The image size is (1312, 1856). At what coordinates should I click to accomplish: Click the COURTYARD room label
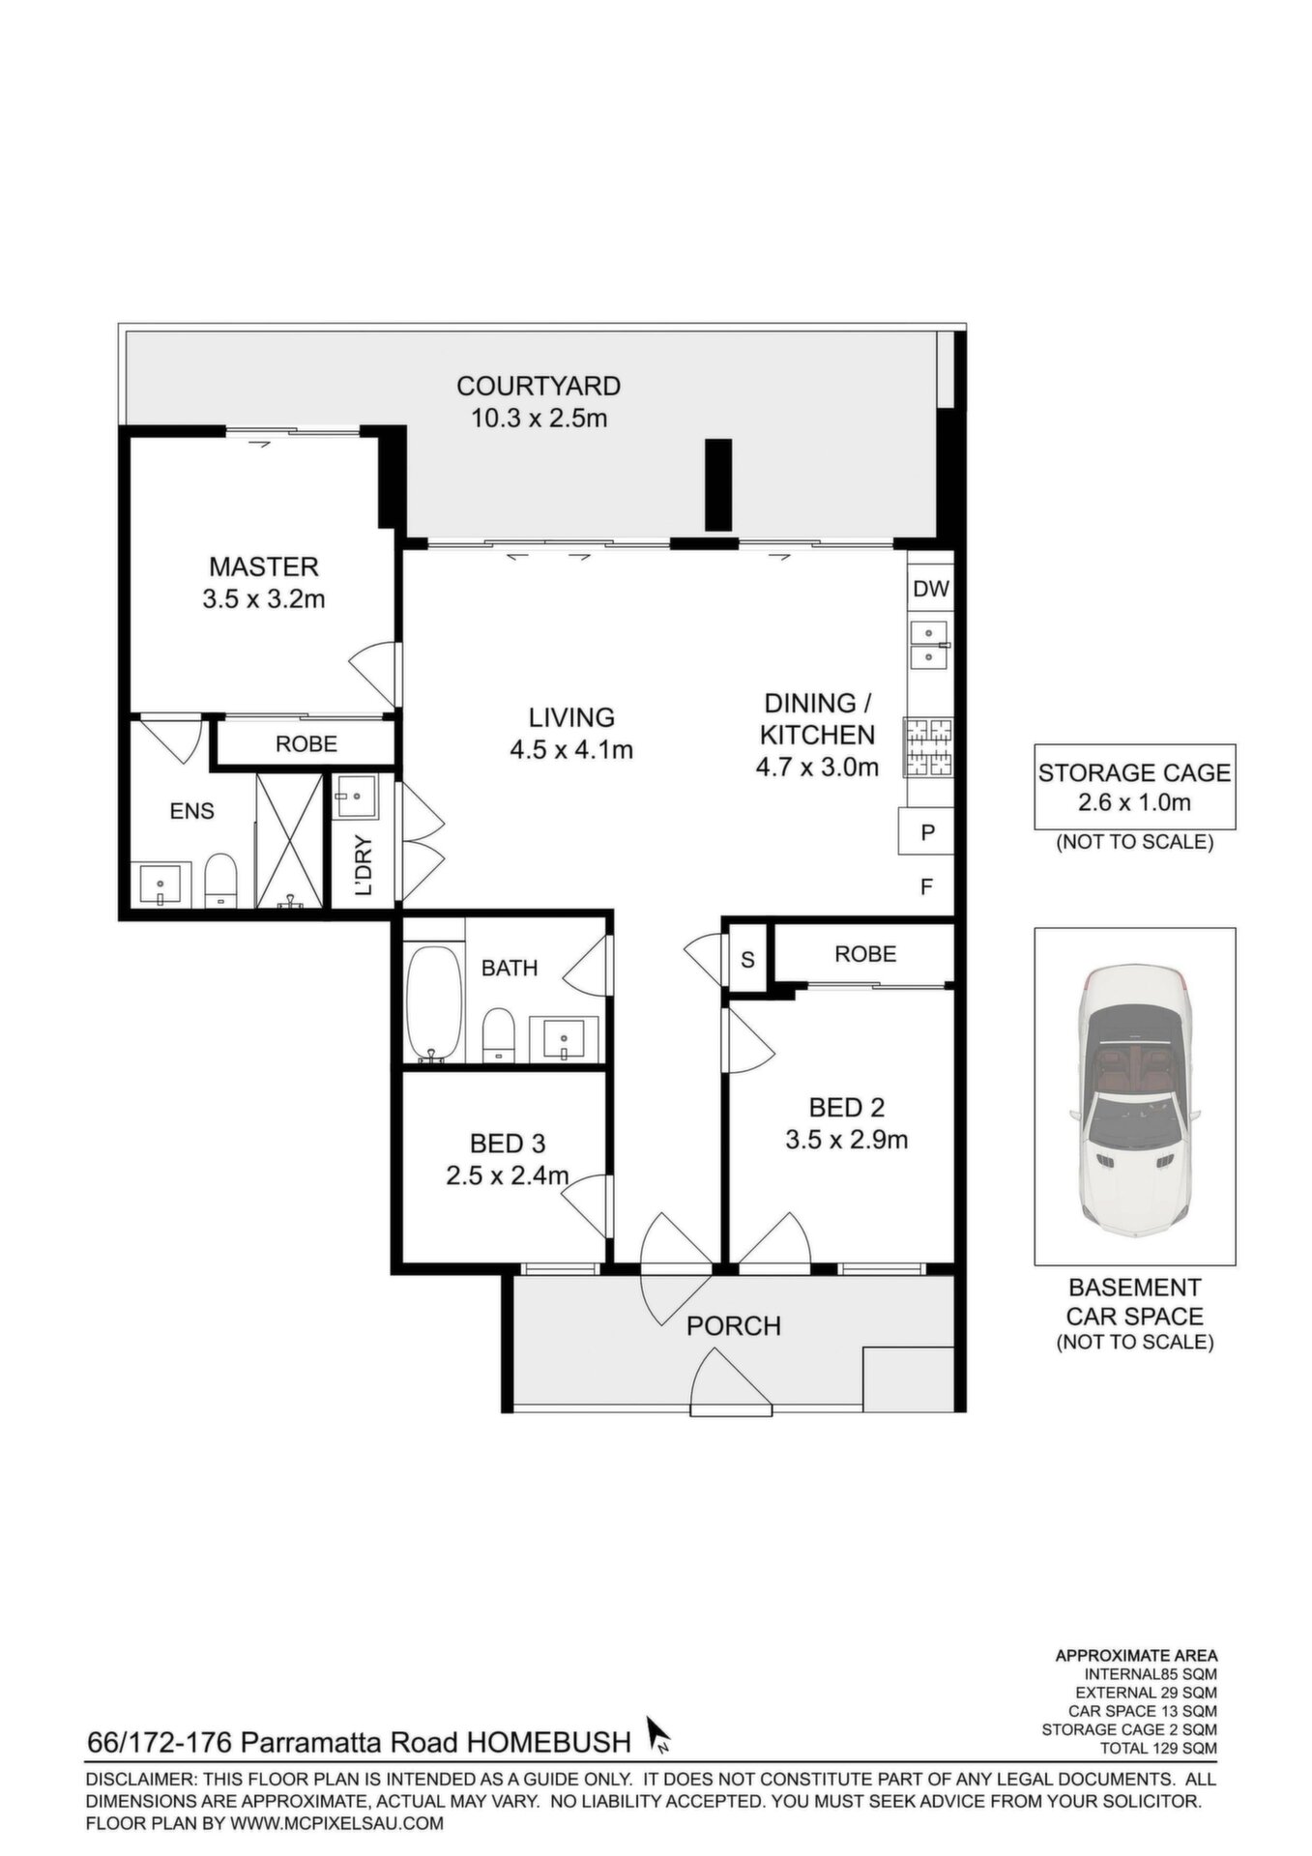[539, 386]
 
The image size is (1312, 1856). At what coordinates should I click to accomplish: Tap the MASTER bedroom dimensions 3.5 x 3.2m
[264, 599]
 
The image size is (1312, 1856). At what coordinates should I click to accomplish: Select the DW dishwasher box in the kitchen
[931, 588]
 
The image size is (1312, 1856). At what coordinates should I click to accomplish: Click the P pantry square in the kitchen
[927, 831]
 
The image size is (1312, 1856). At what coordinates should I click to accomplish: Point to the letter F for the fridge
[926, 886]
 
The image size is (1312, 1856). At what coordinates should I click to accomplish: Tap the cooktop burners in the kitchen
[928, 748]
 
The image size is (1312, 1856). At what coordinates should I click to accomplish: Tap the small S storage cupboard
[747, 960]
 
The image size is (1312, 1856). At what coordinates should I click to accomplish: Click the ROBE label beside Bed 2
[865, 954]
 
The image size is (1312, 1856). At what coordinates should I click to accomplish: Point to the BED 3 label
[508, 1144]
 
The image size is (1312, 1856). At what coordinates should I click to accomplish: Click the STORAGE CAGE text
[1134, 772]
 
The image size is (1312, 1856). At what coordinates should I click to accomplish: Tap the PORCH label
[734, 1325]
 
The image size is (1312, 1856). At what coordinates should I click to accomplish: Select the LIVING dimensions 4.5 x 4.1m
[571, 749]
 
